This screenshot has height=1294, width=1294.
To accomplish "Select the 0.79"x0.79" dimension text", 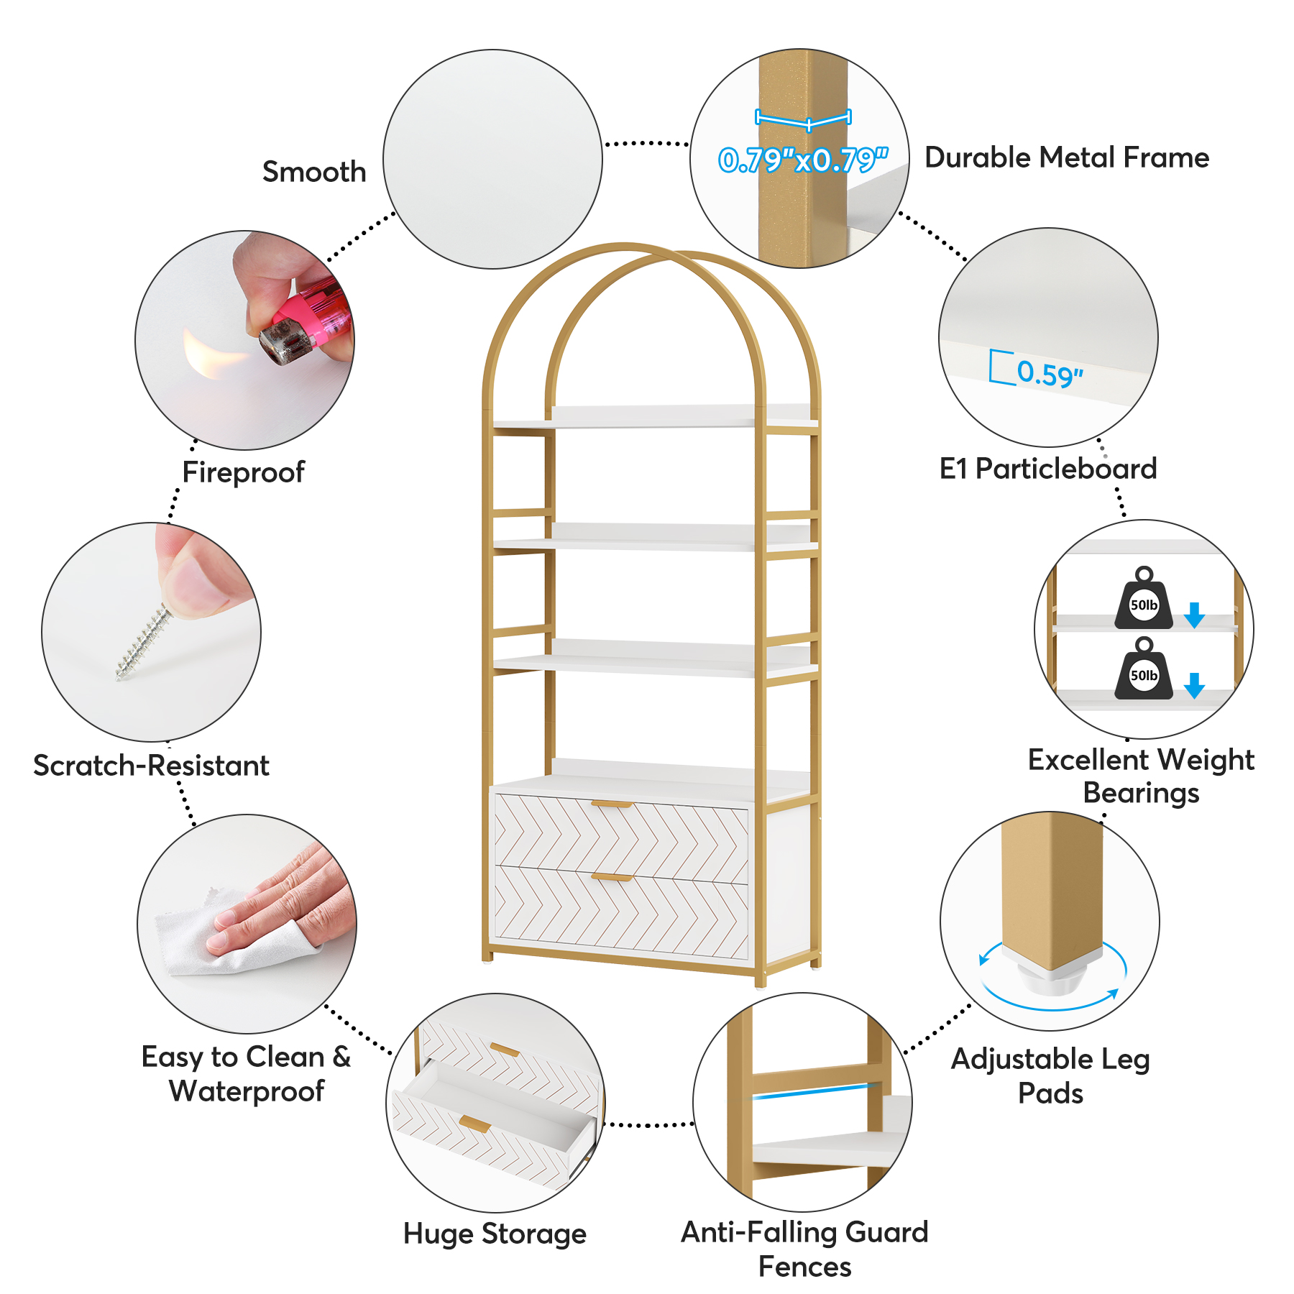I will point(803,160).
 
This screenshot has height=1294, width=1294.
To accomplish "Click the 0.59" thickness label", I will point(1049,374).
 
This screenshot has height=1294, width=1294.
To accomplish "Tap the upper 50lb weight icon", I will point(1143,600).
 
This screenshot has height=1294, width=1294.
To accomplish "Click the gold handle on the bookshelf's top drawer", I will point(611,804).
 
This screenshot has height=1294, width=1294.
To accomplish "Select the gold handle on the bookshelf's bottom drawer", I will point(611,878).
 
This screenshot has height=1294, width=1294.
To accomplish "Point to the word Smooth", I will point(314,172).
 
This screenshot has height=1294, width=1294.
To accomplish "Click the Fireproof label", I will point(243,472).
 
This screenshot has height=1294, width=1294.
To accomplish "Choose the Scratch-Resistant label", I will point(151,766).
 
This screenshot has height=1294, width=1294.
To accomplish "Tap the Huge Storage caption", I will point(495,1234).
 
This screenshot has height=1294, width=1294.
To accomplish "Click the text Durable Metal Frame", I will point(1066,157).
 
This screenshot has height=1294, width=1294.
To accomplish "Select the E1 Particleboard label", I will point(1047,469).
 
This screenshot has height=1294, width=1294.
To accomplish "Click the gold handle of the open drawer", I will point(475,1124).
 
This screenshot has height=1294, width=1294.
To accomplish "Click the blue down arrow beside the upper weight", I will point(1194,615).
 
